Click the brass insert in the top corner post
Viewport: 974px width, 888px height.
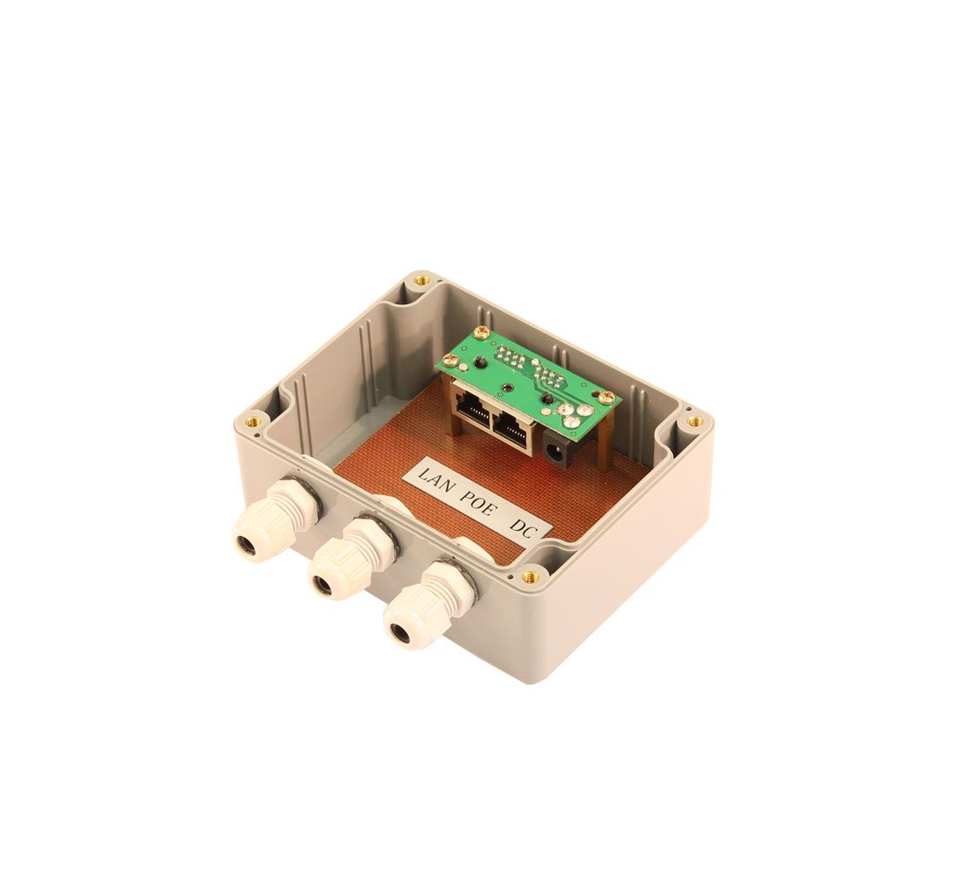[423, 280]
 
